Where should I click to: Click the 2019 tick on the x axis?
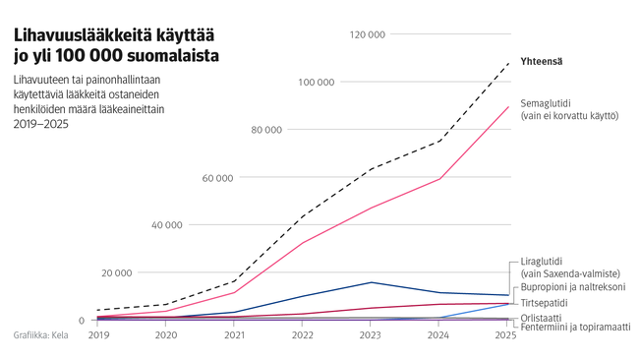click(x=98, y=335)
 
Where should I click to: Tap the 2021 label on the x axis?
click(x=235, y=335)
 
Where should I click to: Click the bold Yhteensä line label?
click(x=542, y=62)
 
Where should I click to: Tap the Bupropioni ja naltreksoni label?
click(x=572, y=286)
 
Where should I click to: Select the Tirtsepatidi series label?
click(x=549, y=302)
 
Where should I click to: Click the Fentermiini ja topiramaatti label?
click(x=574, y=327)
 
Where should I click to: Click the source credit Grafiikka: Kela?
click(x=41, y=335)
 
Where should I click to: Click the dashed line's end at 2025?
click(x=508, y=62)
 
